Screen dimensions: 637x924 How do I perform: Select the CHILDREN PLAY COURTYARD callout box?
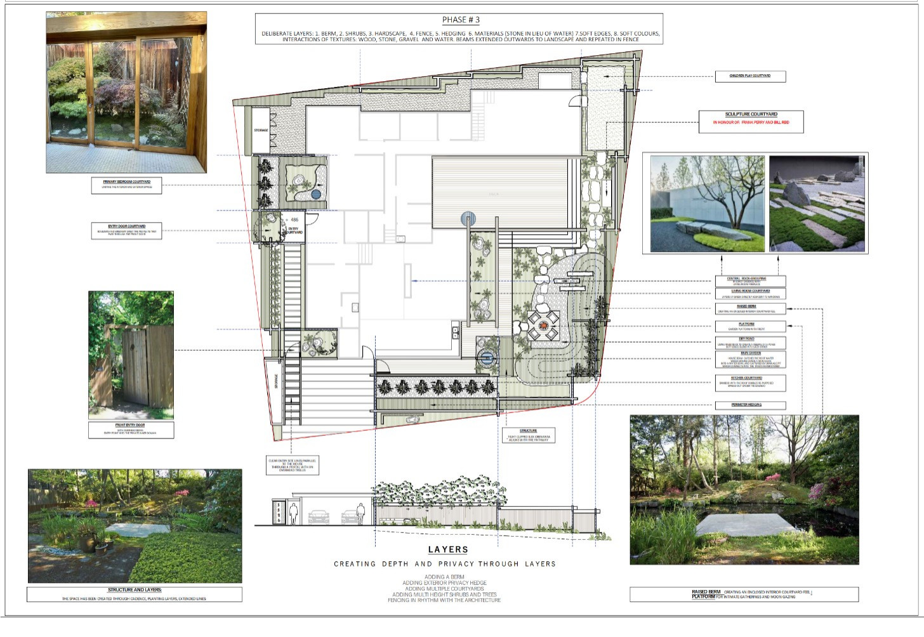(750, 76)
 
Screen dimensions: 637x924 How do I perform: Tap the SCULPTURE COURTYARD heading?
(751, 115)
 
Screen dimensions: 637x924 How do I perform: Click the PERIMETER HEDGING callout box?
(750, 405)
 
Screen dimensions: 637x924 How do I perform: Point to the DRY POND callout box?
(750, 343)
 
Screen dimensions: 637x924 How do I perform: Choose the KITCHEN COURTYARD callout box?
(750, 383)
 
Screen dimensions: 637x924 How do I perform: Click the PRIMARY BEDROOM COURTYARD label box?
(126, 185)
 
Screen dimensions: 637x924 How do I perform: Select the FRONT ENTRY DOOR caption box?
(131, 430)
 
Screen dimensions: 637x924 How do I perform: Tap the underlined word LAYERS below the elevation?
(448, 549)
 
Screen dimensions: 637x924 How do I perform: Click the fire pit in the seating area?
(544, 326)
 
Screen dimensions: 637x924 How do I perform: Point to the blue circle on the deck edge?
(468, 220)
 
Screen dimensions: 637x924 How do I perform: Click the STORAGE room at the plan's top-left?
(261, 130)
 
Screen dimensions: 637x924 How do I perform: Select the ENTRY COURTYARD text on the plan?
(293, 230)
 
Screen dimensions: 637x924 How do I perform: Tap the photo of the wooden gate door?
(131, 355)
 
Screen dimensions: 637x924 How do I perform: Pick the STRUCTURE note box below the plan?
(528, 435)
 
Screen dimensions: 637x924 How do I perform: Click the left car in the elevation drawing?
(319, 516)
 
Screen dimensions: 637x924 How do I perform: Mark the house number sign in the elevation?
(278, 513)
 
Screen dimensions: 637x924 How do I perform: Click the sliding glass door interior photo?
(126, 93)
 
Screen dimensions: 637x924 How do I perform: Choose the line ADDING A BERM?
(444, 577)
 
